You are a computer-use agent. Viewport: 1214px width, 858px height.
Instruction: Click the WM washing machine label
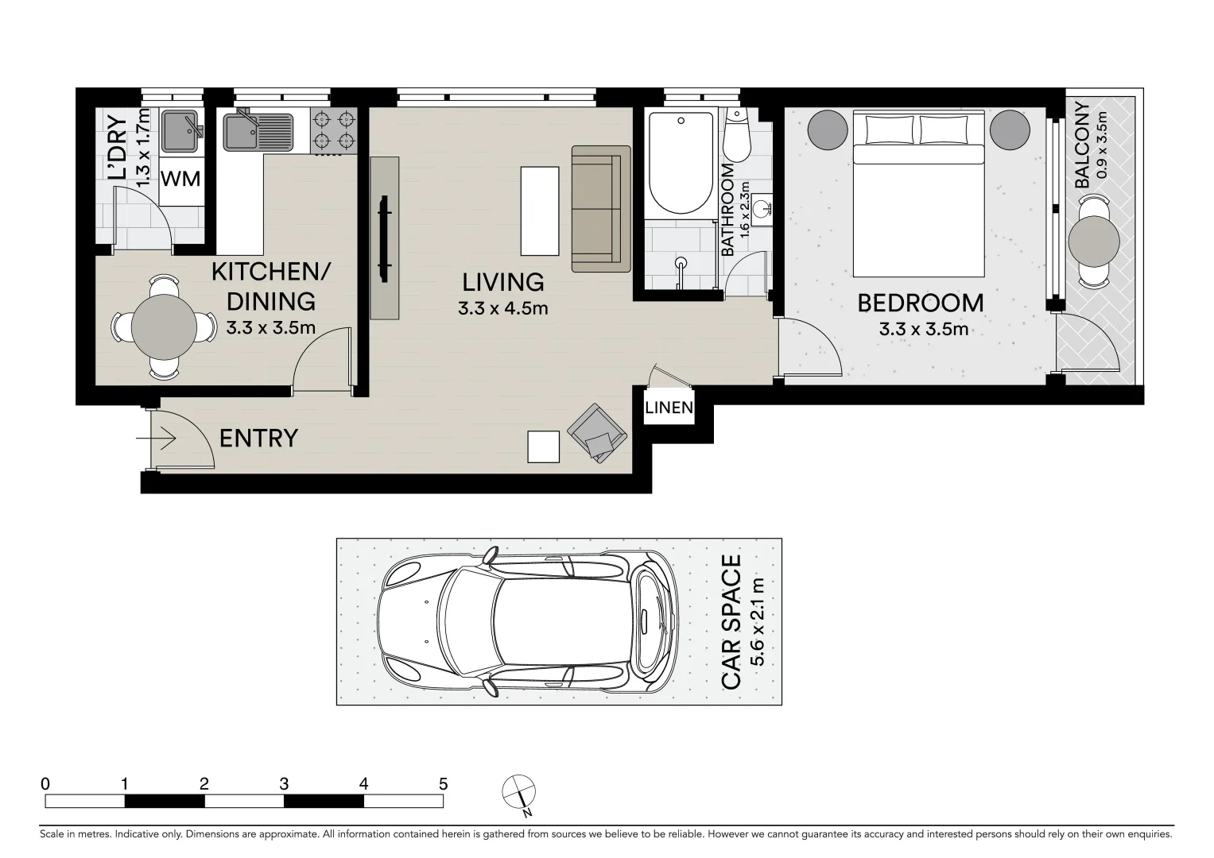pos(180,179)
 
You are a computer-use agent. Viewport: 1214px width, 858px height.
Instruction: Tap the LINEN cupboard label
pos(669,409)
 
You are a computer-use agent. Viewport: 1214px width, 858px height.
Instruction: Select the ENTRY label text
pos(258,439)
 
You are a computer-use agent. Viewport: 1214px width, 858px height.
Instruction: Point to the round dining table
pos(164,327)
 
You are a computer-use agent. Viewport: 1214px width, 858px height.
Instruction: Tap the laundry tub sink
pos(183,132)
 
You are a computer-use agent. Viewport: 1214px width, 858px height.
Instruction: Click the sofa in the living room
pos(600,209)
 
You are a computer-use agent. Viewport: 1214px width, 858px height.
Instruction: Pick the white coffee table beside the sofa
pos(540,210)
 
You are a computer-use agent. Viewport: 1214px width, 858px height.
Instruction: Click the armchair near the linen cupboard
pos(596,434)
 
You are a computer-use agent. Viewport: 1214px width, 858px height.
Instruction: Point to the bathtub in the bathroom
pos(681,163)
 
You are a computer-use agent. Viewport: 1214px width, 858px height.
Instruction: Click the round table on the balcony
pos(1094,241)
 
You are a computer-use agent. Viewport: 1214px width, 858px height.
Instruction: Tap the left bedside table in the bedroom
pos(828,129)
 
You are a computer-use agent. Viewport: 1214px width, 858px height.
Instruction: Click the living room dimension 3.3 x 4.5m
pos(502,308)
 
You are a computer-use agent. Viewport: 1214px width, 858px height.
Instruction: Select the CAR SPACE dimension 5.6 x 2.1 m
pos(758,622)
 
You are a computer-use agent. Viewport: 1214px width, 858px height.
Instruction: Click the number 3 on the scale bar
pos(284,784)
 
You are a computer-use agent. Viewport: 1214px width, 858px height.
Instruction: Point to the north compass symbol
pos(519,792)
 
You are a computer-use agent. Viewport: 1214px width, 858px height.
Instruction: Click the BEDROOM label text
pos(920,303)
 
